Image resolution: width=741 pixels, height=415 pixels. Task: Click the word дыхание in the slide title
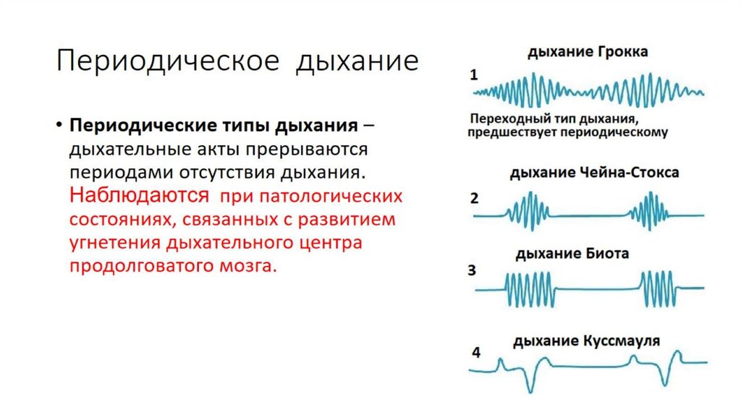pyautogui.click(x=356, y=61)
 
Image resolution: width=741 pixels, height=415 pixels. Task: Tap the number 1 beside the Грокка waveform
pyautogui.click(x=473, y=74)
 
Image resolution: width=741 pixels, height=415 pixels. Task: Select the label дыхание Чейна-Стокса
pyautogui.click(x=594, y=174)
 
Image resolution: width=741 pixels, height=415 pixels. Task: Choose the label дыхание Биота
pyautogui.click(x=572, y=254)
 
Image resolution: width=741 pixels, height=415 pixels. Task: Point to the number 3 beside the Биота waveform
pyautogui.click(x=472, y=272)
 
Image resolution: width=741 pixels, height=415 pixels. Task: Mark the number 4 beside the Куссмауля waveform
pyautogui.click(x=475, y=353)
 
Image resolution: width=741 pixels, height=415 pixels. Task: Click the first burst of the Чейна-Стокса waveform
pyautogui.click(x=528, y=209)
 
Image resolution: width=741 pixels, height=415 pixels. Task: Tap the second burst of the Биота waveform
pyautogui.click(x=658, y=289)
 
